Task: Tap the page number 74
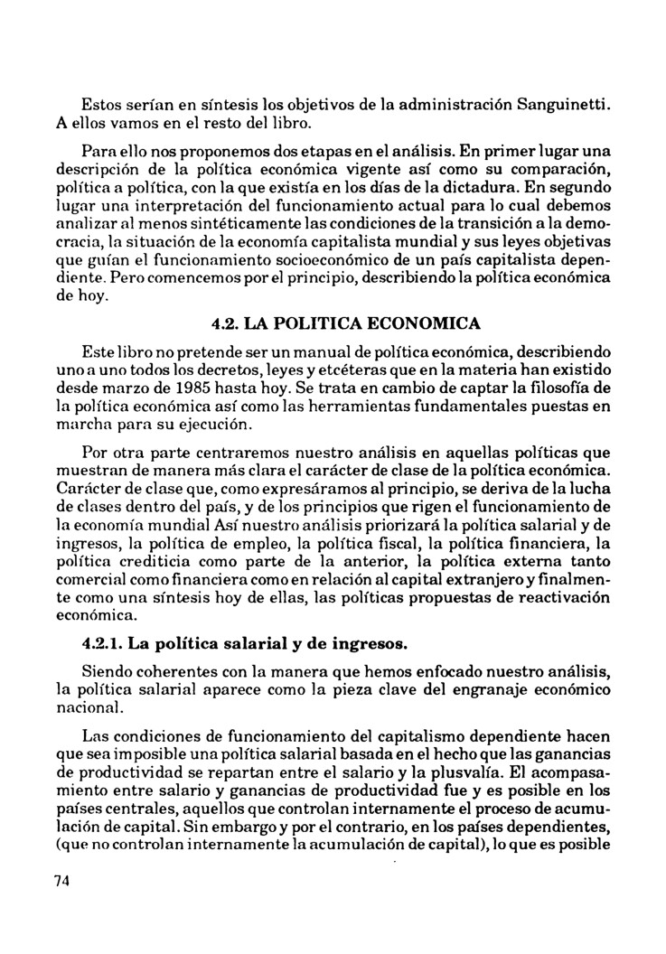[61, 882]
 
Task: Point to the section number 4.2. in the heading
[227, 323]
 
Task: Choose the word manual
[305, 349]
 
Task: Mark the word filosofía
[563, 388]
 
